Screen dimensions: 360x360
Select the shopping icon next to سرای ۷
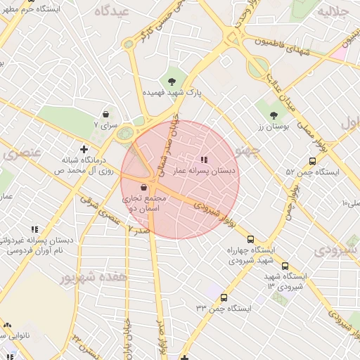(105, 113)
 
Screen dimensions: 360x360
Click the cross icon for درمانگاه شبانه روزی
(84, 148)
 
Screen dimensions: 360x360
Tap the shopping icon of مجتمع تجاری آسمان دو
(144, 188)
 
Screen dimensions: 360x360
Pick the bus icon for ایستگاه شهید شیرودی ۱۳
(285, 266)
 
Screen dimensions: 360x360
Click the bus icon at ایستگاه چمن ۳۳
(224, 297)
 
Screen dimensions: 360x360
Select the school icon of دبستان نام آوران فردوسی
(34, 229)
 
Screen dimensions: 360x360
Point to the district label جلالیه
(333, 12)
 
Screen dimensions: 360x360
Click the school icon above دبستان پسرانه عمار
(205, 160)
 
